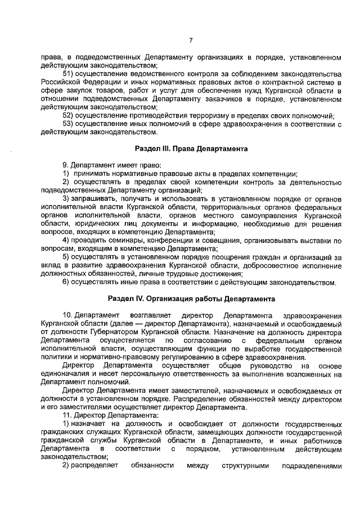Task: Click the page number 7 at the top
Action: (191, 40)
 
